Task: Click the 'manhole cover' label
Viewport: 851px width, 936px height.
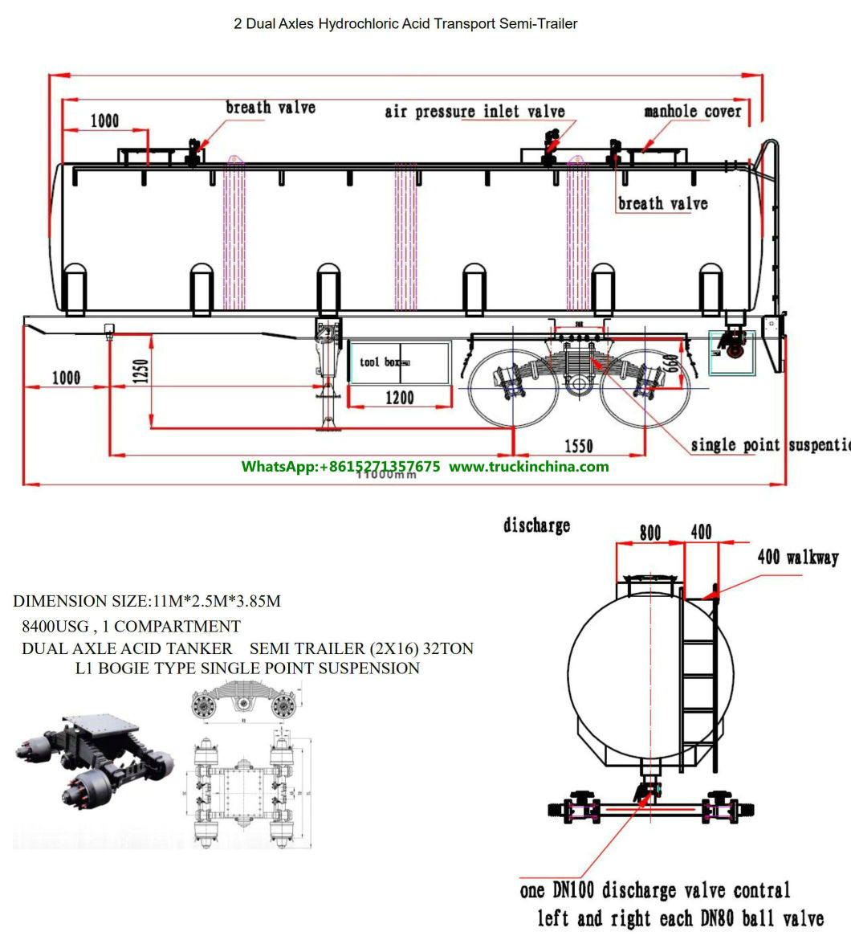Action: pyautogui.click(x=692, y=111)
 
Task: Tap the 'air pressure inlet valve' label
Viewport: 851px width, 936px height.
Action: pyautogui.click(x=474, y=112)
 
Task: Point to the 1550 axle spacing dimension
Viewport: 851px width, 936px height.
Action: pyautogui.click(x=578, y=444)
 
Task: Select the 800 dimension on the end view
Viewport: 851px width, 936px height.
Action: pyautogui.click(x=649, y=533)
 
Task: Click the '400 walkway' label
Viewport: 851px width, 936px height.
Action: pyautogui.click(x=797, y=557)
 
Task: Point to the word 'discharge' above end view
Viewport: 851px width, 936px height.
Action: pyautogui.click(x=536, y=525)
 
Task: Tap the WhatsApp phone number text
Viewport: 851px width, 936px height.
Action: pyautogui.click(x=340, y=466)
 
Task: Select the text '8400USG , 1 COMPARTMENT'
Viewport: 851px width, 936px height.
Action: pyautogui.click(x=131, y=626)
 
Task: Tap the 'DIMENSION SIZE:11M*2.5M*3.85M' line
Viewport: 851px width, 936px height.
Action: pyautogui.click(x=147, y=601)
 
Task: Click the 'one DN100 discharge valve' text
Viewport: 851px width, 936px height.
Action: pyautogui.click(x=654, y=890)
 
